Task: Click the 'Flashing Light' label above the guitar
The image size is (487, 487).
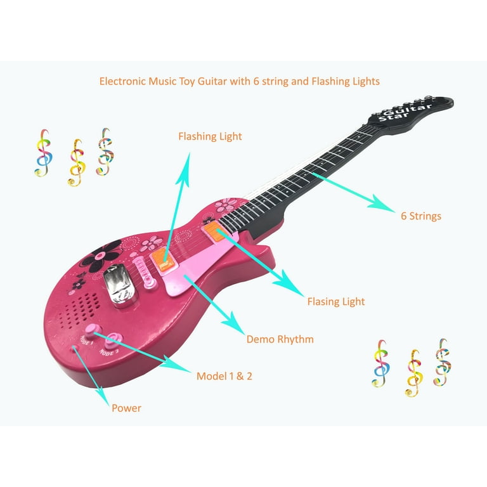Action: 210,137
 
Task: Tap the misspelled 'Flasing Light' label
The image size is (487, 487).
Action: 336,302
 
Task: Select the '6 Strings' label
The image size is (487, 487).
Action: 421,216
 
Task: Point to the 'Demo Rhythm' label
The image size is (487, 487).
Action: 280,339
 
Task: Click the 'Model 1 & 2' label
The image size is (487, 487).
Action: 224,376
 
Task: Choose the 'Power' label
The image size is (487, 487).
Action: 126,408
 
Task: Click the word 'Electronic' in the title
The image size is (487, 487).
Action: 122,81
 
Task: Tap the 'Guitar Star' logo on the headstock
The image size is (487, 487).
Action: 405,113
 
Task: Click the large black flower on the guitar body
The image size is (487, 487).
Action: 100,256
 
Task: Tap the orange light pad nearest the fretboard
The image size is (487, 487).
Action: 215,231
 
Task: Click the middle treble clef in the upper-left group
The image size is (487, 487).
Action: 76,163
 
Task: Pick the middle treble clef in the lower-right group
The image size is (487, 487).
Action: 414,373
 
